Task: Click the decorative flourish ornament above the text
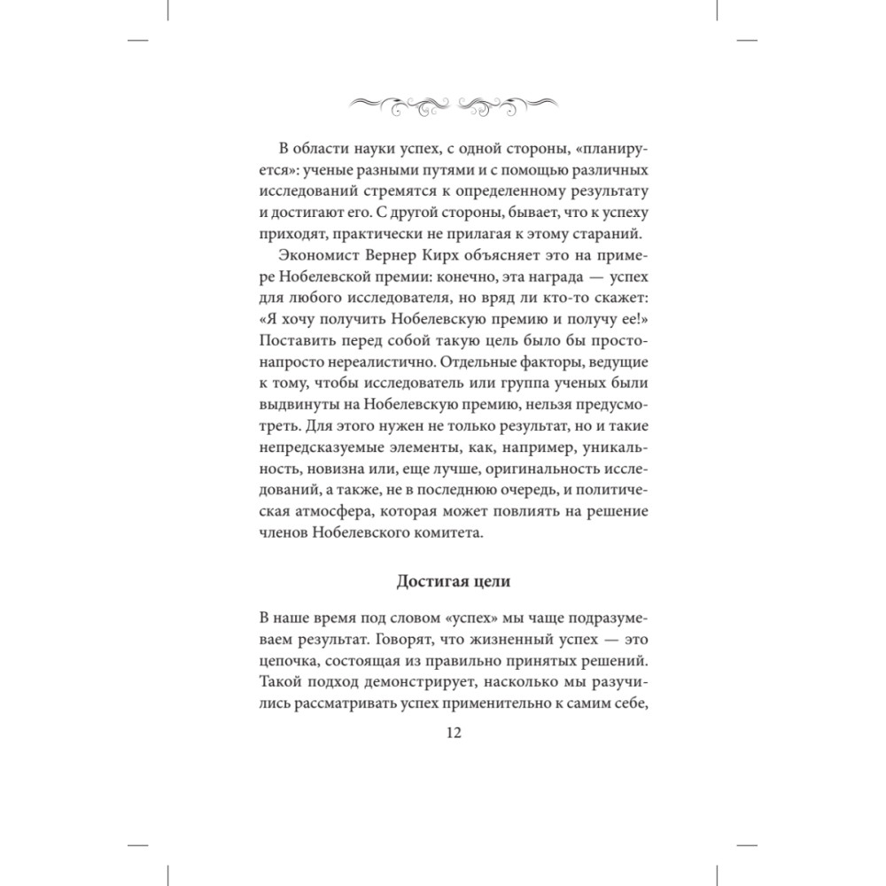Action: coord(442,103)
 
